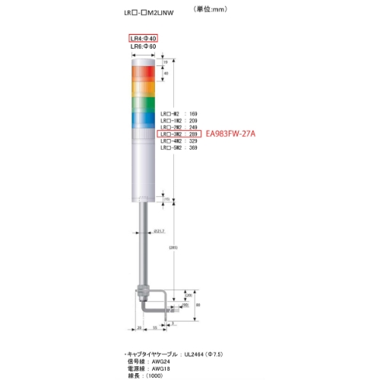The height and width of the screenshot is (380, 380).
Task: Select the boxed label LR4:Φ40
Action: [x=143, y=37]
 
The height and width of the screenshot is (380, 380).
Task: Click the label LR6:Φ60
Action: [x=143, y=46]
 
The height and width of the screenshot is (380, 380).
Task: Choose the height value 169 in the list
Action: [x=193, y=113]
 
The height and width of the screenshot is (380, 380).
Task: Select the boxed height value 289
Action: [x=193, y=134]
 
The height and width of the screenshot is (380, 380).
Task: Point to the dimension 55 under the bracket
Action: [x=154, y=328]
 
